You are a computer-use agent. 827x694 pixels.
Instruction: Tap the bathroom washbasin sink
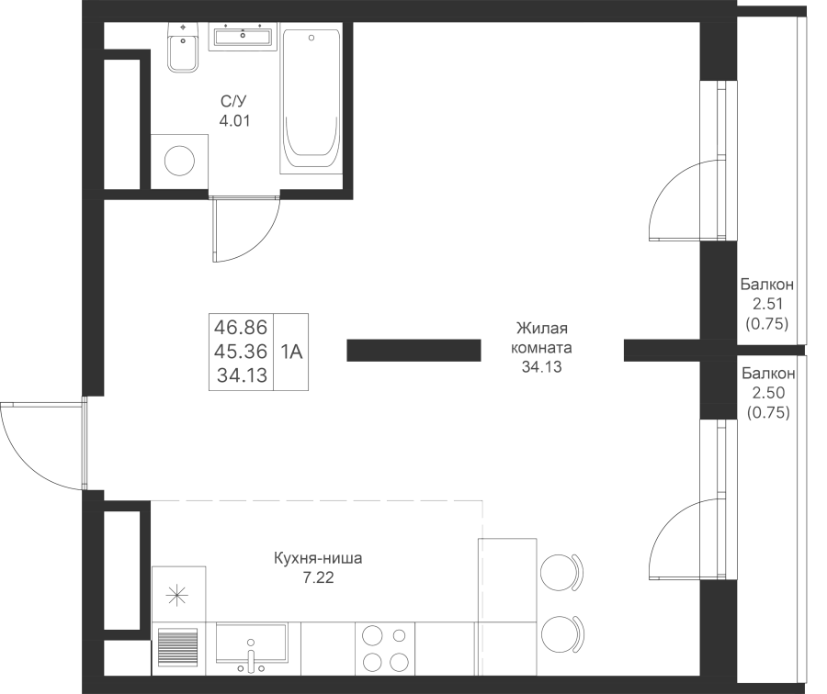243,37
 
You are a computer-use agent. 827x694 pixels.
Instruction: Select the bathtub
312,99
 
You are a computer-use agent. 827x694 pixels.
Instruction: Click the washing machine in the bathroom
179,162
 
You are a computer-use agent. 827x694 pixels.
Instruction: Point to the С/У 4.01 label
234,111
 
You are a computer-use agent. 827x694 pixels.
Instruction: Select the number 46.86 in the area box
241,327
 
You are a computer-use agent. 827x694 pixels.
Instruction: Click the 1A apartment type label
291,352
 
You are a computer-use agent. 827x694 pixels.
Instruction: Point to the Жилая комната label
543,338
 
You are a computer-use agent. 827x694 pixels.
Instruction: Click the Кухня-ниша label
318,558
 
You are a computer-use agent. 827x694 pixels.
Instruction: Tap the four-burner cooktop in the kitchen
385,649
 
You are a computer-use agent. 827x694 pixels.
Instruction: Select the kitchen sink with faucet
252,648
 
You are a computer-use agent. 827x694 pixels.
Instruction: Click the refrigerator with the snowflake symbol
179,594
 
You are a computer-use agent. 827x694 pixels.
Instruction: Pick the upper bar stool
562,573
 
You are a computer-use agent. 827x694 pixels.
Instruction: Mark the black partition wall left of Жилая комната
413,350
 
